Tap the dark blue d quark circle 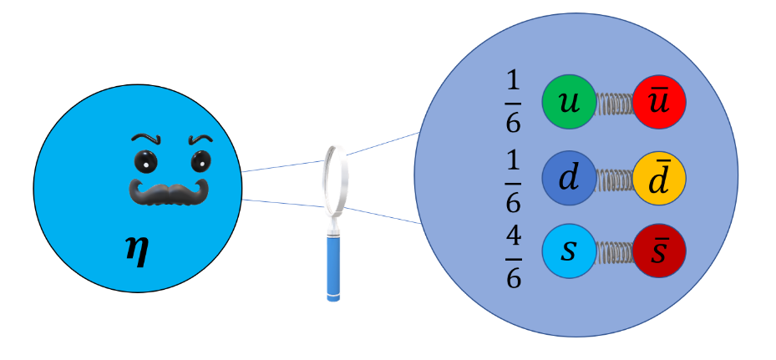click(x=569, y=177)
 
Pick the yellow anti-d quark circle click(x=659, y=177)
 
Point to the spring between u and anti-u click(x=614, y=102)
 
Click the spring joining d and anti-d click(x=614, y=178)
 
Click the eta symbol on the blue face click(x=135, y=250)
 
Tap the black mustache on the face click(x=167, y=191)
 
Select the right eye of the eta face click(x=199, y=160)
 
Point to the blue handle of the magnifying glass click(x=336, y=266)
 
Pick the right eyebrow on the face click(x=200, y=138)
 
